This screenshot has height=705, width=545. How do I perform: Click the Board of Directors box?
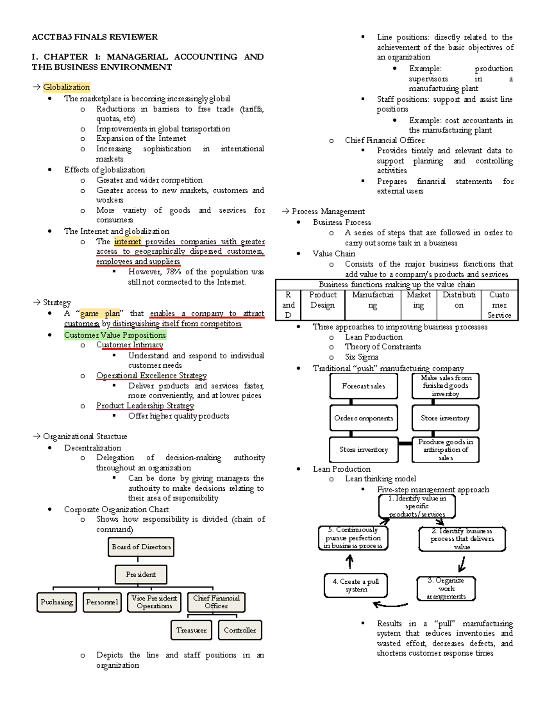click(x=141, y=547)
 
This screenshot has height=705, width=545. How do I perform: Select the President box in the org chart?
click(x=141, y=574)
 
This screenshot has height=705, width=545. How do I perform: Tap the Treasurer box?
click(x=191, y=630)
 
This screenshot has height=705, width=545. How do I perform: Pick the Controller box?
click(x=240, y=630)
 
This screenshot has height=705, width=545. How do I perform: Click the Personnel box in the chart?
click(x=102, y=602)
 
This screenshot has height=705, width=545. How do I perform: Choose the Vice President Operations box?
click(x=154, y=602)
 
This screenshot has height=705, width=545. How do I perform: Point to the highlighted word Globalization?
click(x=66, y=87)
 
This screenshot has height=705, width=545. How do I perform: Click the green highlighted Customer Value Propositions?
click(x=115, y=335)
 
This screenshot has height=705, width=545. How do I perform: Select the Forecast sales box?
click(x=363, y=386)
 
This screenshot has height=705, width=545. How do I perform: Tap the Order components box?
click(x=363, y=418)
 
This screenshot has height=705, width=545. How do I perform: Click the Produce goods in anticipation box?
click(x=446, y=449)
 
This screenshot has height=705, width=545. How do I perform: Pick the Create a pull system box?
click(x=356, y=585)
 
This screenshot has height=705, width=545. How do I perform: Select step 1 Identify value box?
click(x=417, y=506)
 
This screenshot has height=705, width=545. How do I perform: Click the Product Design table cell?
click(x=322, y=300)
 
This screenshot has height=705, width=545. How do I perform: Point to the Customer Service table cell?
click(x=499, y=305)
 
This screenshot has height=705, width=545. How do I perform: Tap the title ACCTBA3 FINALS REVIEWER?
click(x=94, y=37)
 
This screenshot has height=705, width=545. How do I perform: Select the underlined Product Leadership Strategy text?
click(x=145, y=406)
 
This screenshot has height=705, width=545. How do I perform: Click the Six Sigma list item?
click(x=362, y=357)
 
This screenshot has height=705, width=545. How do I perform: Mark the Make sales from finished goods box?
click(x=446, y=386)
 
